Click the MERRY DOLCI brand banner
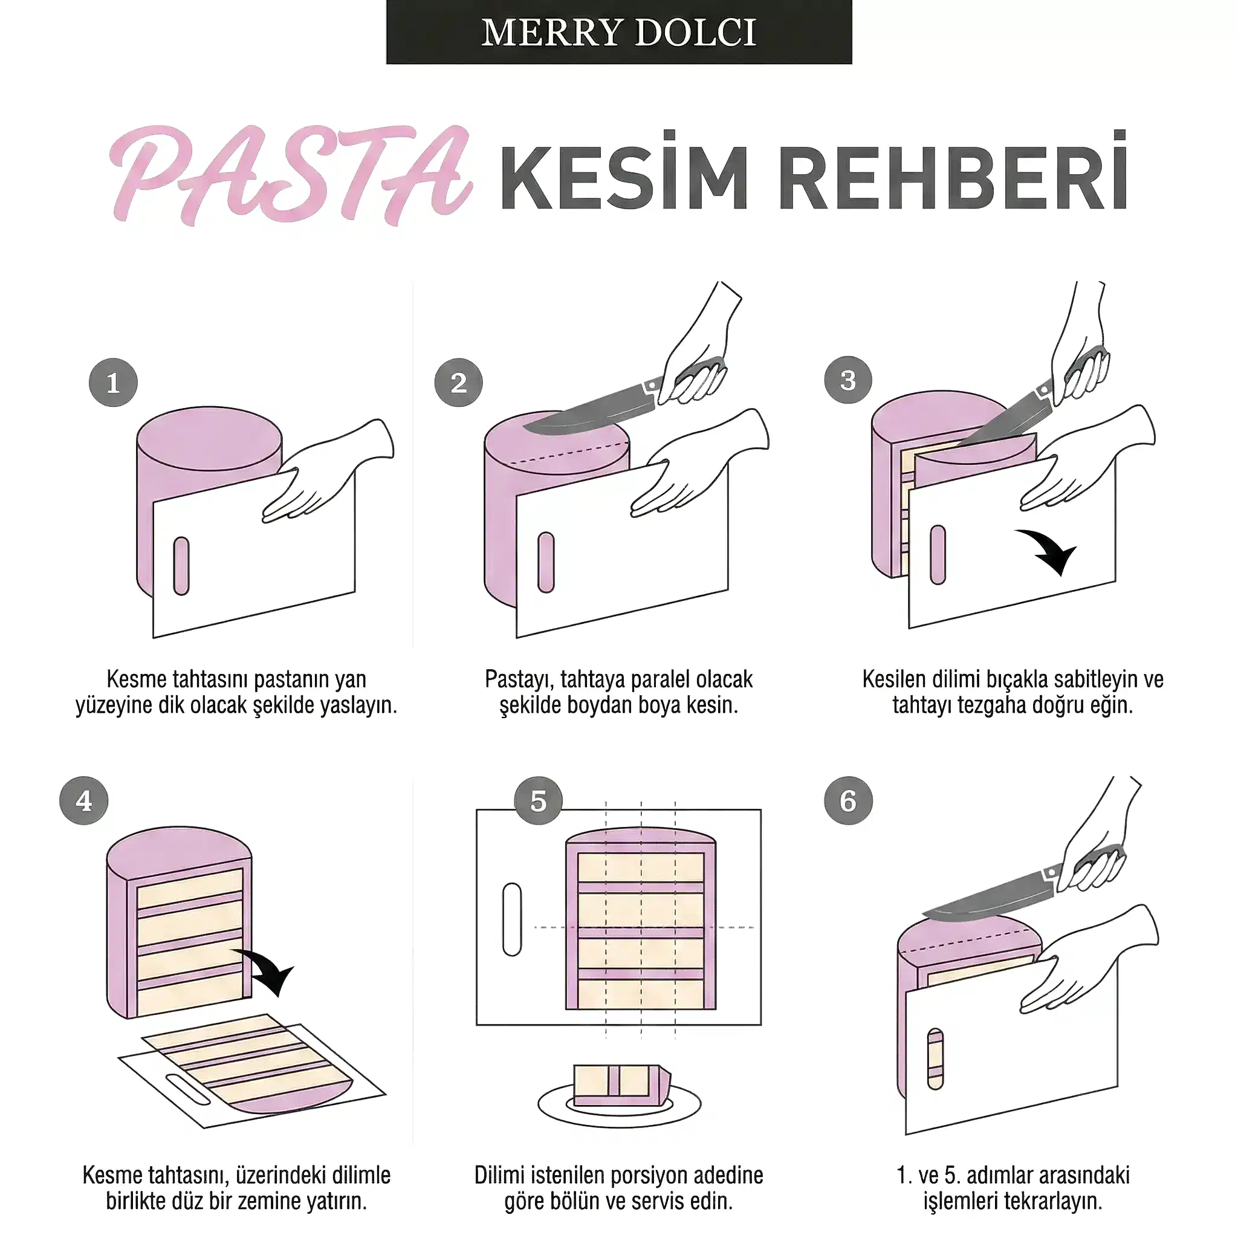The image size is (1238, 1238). point(618,32)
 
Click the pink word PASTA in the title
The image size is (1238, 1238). point(291,174)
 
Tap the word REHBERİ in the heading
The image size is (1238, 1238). point(953,172)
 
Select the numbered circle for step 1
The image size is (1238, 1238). point(114,383)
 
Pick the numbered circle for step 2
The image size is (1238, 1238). point(458,383)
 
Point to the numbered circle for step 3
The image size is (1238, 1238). point(848,380)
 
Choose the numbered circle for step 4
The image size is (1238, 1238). point(84,800)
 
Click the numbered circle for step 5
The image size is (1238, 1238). point(538,800)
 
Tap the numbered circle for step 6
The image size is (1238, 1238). point(848,800)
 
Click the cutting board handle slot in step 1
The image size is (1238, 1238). point(181,566)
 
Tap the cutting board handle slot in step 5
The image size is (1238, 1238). point(513,919)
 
